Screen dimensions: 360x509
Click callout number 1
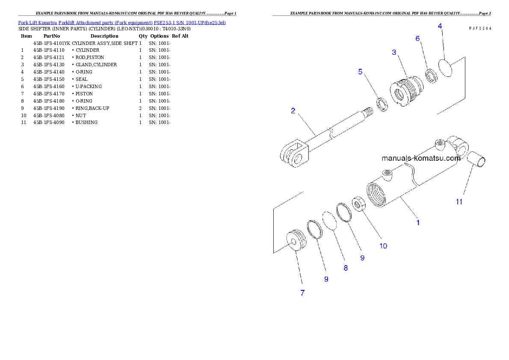click(418, 222)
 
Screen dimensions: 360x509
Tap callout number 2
click(293, 111)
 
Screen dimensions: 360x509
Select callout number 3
click(394, 52)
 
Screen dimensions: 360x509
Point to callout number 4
click(440, 26)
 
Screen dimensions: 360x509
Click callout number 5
click(361, 71)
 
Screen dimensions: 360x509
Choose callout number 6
click(418, 38)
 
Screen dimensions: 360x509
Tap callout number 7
click(302, 293)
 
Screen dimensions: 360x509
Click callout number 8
click(346, 268)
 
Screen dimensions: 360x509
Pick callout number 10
click(383, 246)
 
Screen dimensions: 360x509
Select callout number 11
click(459, 202)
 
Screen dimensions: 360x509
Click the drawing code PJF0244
click(479, 28)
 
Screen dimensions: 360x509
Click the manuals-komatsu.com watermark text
click(421, 158)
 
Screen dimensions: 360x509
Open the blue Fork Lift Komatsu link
click(122, 22)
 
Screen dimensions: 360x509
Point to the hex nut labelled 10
click(358, 203)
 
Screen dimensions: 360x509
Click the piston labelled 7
click(296, 240)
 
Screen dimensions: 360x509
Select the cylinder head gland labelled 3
click(407, 89)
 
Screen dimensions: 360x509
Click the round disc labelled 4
click(446, 68)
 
